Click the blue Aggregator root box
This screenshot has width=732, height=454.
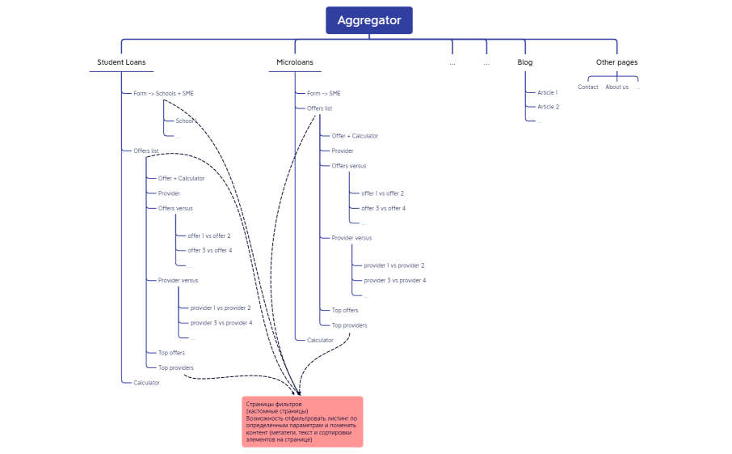tap(368, 20)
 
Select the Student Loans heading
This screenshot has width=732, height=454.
tap(121, 62)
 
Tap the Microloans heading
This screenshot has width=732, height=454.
tap(295, 62)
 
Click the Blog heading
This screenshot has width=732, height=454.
tap(525, 62)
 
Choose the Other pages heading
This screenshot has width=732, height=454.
tap(616, 62)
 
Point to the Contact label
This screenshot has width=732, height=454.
tap(588, 87)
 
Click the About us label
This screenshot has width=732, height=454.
tap(616, 87)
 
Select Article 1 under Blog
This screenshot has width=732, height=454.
tap(548, 93)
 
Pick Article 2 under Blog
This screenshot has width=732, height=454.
tap(549, 107)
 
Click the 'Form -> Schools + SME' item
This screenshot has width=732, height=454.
tap(163, 93)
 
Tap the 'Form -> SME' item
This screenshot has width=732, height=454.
tap(324, 93)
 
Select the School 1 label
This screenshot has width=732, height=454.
tap(186, 121)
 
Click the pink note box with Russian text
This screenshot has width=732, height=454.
tap(302, 421)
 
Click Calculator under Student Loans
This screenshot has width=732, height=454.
tap(147, 383)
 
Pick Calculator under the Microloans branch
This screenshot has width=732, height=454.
tap(320, 340)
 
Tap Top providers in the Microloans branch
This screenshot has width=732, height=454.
tap(349, 325)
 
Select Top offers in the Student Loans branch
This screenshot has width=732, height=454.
tap(171, 353)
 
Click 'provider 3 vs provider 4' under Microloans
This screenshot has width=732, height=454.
tap(394, 280)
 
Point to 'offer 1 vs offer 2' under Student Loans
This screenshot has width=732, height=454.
tap(209, 236)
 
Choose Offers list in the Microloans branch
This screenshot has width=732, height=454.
tap(319, 108)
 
